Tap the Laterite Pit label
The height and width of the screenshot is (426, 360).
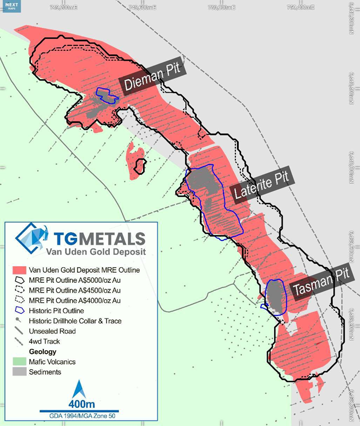coord(261,186)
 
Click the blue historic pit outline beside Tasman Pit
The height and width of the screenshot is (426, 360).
coord(276,297)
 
